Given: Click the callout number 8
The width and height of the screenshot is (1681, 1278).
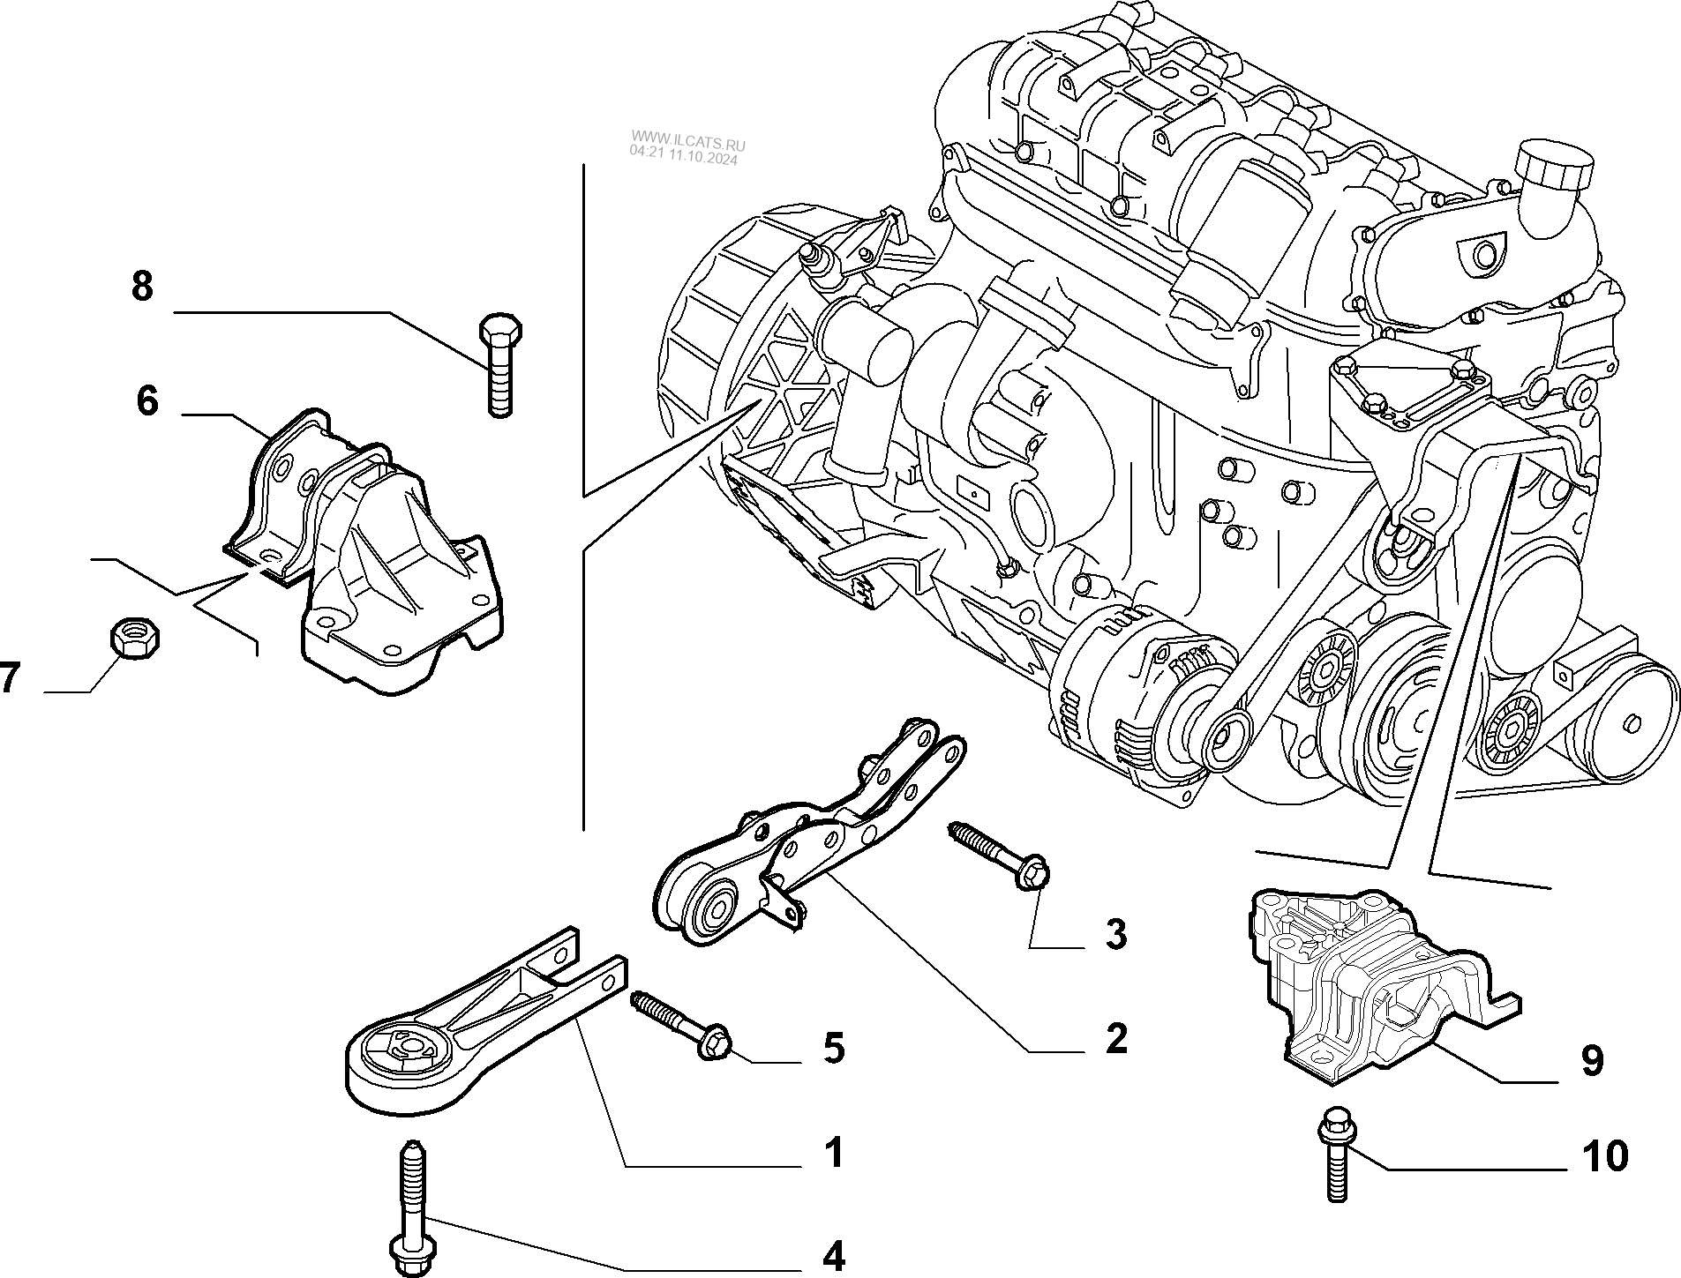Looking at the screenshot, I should pyautogui.click(x=142, y=288).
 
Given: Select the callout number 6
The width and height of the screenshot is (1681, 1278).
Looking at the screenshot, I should pyautogui.click(x=147, y=401).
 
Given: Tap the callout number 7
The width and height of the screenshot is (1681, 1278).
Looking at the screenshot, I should pyautogui.click(x=9, y=679).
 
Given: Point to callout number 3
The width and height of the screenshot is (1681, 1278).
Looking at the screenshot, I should pyautogui.click(x=1116, y=934).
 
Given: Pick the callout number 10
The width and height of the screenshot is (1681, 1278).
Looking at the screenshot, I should pyautogui.click(x=1605, y=1156).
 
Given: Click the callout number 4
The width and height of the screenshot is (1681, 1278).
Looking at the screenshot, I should pyautogui.click(x=833, y=1257).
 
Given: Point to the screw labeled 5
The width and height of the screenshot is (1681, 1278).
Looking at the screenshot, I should pyautogui.click(x=679, y=1025).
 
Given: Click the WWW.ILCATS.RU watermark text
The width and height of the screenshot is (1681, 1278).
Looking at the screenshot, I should pyautogui.click(x=687, y=140).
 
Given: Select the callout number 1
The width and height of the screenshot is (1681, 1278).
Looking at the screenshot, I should pyautogui.click(x=833, y=1152).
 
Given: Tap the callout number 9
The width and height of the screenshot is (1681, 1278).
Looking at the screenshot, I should pyautogui.click(x=1593, y=1060).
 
